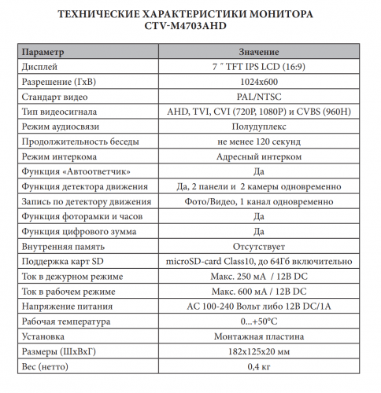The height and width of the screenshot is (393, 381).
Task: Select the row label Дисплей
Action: tap(40, 67)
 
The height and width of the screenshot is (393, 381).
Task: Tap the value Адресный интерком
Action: tap(258, 156)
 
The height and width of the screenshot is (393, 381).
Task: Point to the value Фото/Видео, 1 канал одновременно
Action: tap(258, 200)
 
